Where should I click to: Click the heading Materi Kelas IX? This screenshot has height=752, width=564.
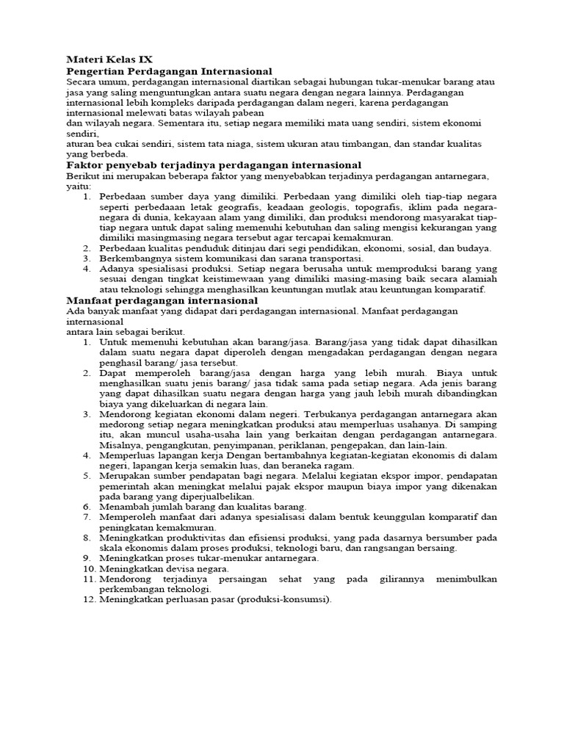tap(109, 59)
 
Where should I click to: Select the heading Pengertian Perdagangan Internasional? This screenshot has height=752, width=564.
tap(169, 70)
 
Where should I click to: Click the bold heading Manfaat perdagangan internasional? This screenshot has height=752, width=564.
tap(162, 300)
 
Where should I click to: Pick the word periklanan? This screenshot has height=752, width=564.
tap(300, 444)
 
